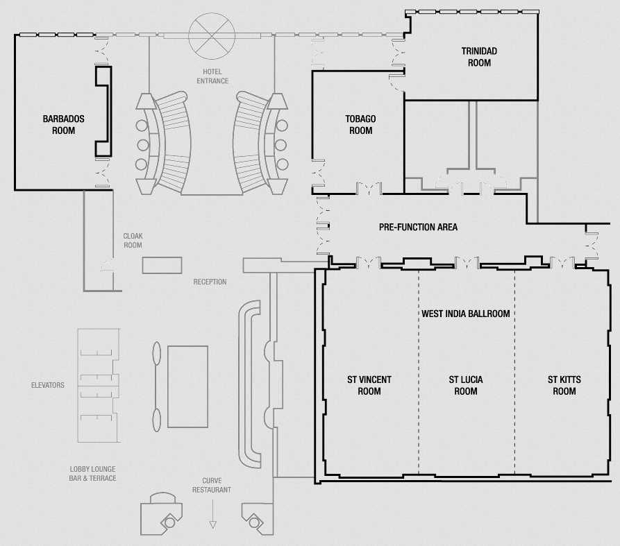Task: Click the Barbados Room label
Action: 63,124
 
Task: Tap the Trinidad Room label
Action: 479,57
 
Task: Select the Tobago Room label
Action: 360,124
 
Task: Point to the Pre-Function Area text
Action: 418,227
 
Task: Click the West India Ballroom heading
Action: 465,314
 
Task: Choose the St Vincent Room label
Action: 369,385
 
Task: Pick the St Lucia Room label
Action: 465,385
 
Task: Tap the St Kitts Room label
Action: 564,385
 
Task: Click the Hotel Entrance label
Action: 212,76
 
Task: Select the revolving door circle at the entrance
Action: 212,36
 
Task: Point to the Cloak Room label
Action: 133,240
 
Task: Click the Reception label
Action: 210,282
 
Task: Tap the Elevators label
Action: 47,385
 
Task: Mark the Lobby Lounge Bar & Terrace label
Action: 92,473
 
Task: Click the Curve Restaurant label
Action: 212,485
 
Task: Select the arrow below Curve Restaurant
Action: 212,514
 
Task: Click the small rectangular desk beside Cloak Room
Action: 162,265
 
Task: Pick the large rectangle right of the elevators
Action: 188,387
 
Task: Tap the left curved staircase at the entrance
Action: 173,142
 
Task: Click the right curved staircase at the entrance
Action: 251,142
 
